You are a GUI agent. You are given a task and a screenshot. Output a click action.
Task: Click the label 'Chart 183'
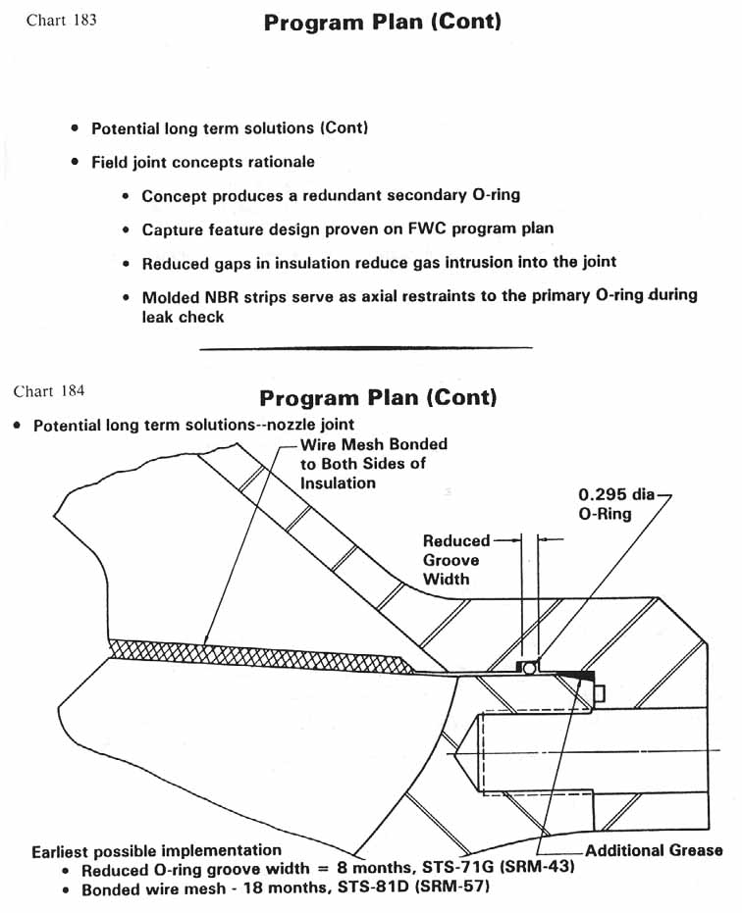tap(61, 20)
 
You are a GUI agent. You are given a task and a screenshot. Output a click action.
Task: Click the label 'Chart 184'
tap(48, 391)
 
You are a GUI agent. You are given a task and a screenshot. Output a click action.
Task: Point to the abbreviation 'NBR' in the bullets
tap(221, 296)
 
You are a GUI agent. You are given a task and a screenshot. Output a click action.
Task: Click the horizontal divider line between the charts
tap(365, 347)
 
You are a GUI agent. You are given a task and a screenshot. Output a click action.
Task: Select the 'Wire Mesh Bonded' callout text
tap(373, 444)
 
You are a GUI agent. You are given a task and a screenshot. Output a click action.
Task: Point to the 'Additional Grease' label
tap(654, 850)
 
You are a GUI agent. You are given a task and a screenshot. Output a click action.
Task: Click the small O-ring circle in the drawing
tap(528, 667)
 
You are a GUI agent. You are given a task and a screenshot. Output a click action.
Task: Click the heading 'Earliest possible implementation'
tap(156, 850)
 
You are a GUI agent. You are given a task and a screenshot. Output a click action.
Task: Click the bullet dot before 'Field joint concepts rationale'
tap(76, 162)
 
